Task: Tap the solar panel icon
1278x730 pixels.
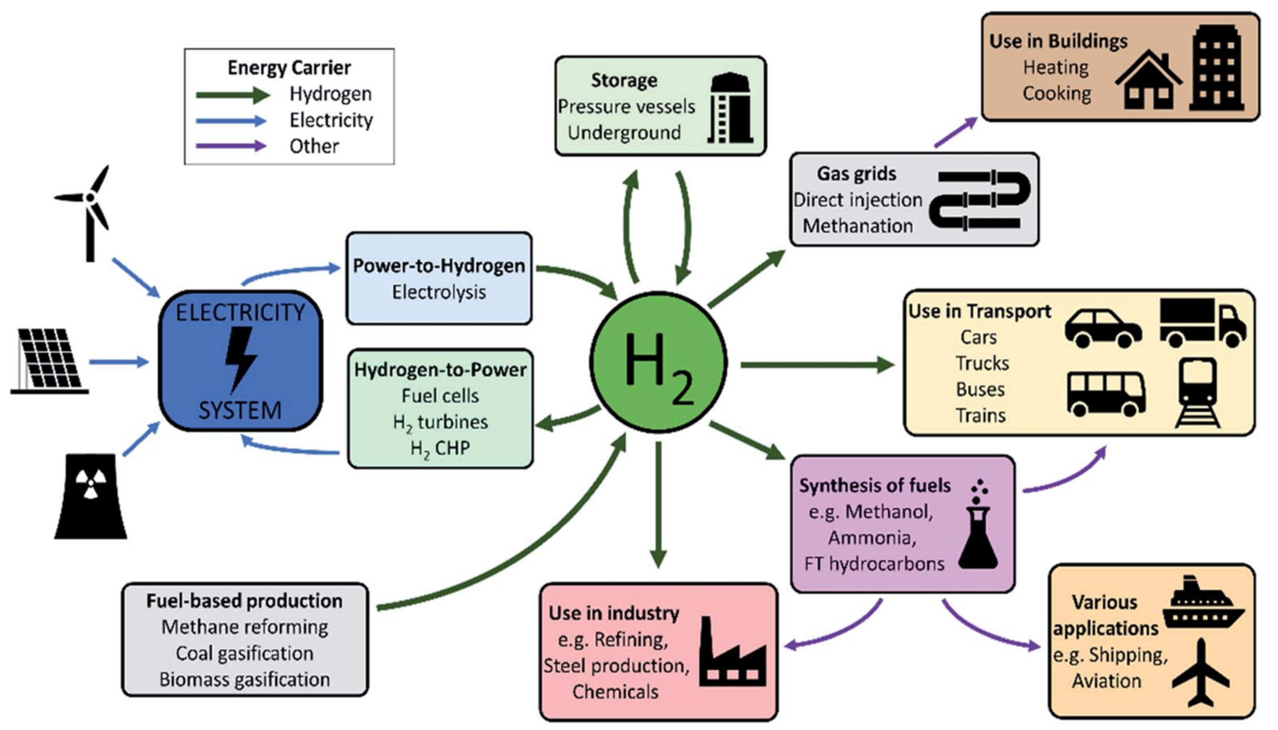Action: click(49, 360)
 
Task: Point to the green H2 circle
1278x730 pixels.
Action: click(658, 362)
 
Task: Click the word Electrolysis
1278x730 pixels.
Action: click(439, 292)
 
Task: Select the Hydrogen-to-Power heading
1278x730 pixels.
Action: click(440, 370)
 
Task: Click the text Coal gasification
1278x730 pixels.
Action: click(244, 653)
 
